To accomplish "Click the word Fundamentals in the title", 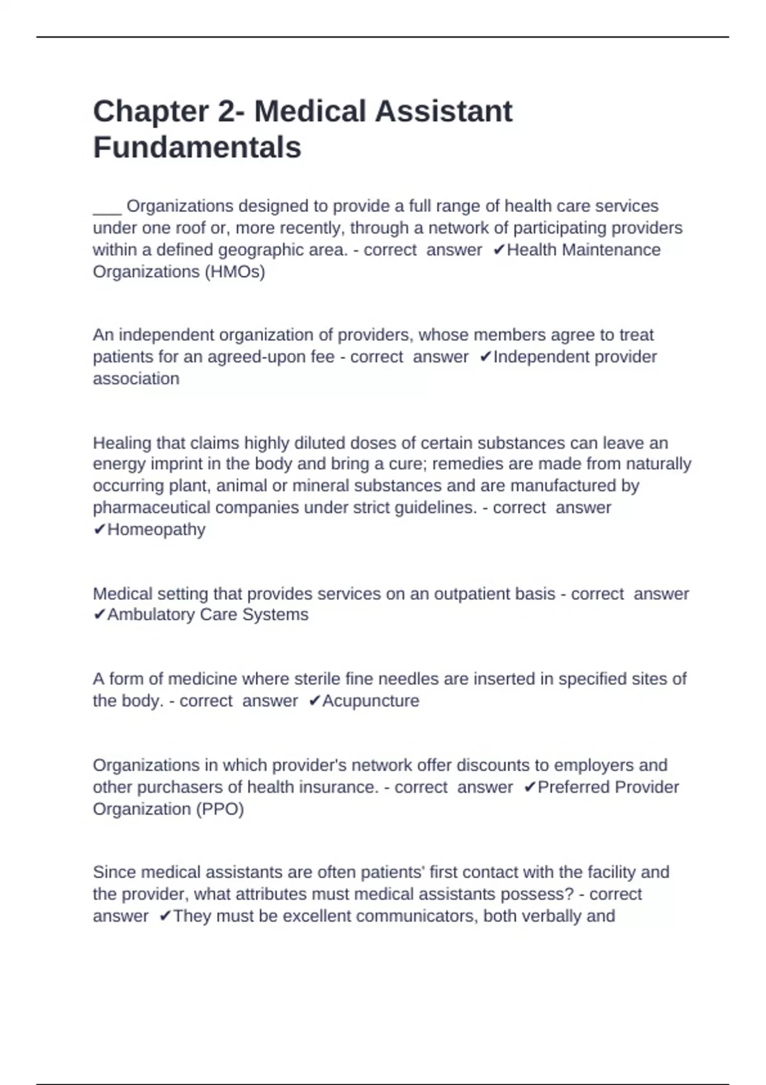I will click(x=197, y=147).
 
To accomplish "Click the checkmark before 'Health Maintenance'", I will click(x=499, y=250).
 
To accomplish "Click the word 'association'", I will click(x=136, y=379).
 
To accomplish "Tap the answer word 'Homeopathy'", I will click(x=156, y=530).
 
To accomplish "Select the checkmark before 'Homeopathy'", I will click(x=99, y=530).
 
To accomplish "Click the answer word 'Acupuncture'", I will click(x=370, y=701).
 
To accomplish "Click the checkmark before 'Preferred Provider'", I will click(x=529, y=788).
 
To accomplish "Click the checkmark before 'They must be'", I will click(x=165, y=917).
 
